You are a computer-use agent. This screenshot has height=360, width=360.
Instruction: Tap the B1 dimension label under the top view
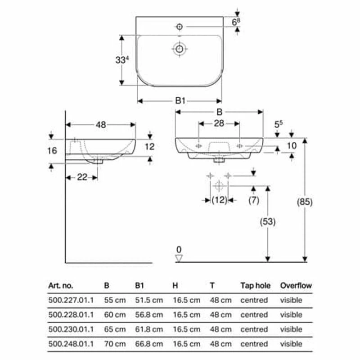[180, 100]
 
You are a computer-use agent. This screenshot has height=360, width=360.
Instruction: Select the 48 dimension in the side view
[101, 125]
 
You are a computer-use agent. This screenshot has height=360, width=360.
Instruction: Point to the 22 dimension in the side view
[81, 177]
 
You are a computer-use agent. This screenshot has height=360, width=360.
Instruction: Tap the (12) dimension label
[219, 201]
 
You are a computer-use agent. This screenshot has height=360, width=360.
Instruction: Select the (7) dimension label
[254, 201]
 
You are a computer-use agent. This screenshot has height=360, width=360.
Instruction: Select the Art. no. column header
[60, 285]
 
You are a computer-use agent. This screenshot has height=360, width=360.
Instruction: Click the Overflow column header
[296, 285]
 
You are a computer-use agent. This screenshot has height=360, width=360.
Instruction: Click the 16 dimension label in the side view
[52, 151]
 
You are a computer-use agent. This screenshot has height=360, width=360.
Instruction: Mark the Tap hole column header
[255, 285]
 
